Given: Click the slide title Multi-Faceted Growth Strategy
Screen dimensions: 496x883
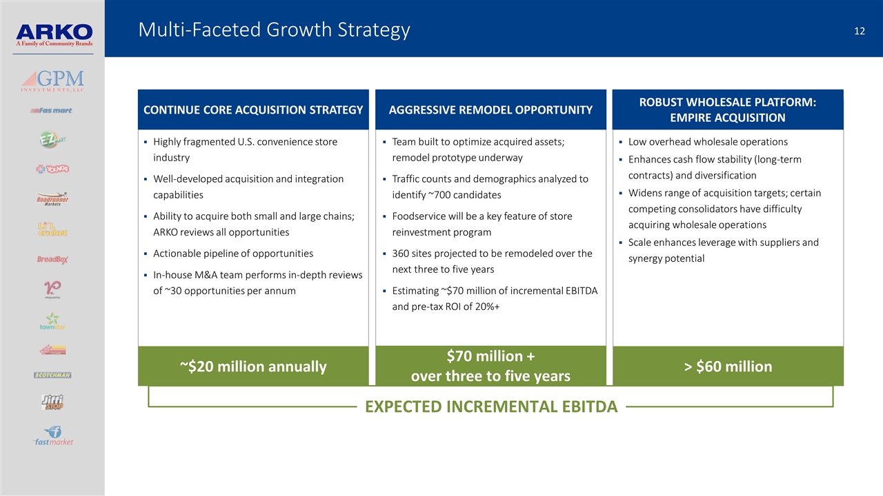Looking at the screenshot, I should click(274, 30).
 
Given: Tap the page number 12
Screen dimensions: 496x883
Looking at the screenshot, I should click(858, 30).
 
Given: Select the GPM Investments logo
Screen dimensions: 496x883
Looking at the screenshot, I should click(52, 80).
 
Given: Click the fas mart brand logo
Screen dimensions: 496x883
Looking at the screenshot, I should click(52, 110).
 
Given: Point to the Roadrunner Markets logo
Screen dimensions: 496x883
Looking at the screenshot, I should click(52, 199).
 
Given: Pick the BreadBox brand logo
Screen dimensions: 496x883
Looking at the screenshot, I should click(52, 260).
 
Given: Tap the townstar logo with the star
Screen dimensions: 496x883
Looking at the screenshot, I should click(52, 321).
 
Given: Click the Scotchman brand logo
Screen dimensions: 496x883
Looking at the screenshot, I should click(52, 375).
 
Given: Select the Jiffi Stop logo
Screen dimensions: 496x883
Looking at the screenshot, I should click(52, 402).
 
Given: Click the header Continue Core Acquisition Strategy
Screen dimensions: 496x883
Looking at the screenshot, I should click(253, 110).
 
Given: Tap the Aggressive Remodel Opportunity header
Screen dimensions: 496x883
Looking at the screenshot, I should click(490, 110).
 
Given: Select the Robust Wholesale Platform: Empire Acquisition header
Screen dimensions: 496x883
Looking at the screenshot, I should click(728, 110).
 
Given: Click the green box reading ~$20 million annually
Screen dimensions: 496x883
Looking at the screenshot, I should click(253, 366).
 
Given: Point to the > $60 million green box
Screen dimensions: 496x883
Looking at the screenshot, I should click(728, 366).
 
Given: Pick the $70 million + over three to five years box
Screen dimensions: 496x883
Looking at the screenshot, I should click(490, 366).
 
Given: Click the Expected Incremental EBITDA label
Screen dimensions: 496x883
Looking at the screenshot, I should click(490, 406).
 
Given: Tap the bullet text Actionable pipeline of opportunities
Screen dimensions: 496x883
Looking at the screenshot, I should click(233, 254).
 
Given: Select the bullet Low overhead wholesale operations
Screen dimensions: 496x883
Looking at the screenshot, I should click(708, 142).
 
